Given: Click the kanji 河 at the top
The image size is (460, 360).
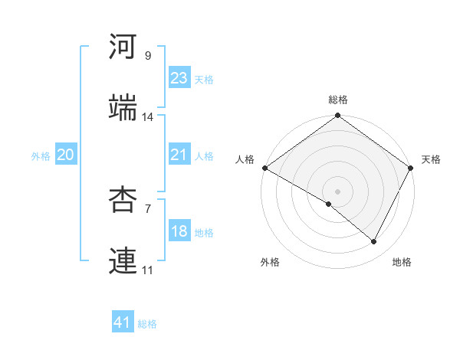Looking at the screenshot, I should pos(123,47).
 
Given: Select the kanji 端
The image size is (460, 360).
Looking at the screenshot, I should pos(123,109).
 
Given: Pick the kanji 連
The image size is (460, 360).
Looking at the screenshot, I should pos(123,262).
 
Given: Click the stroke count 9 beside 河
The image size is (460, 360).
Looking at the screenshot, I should pos(148,56).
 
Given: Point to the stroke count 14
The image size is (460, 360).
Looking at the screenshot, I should pos(148,117).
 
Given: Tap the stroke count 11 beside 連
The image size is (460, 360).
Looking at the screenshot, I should pos(148,270).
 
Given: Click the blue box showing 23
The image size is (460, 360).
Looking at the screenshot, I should pos(179,78).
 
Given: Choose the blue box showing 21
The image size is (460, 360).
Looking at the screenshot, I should pos(179,155).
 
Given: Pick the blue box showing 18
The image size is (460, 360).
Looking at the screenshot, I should pos(179,231).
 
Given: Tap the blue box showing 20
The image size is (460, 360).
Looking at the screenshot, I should pos(65,155).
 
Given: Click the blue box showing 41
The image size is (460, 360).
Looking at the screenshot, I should pos(123,322).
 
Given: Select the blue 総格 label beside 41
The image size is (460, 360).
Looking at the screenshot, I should pos(147,324).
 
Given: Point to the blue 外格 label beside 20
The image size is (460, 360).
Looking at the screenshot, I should pos(41,156).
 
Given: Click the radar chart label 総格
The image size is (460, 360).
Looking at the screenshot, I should pos(338,100).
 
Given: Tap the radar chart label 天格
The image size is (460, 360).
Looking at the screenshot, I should pos(431,159).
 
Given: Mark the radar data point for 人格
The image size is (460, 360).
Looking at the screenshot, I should pos(264,168).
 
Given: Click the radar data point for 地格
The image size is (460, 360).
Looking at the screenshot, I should pos(374,241).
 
